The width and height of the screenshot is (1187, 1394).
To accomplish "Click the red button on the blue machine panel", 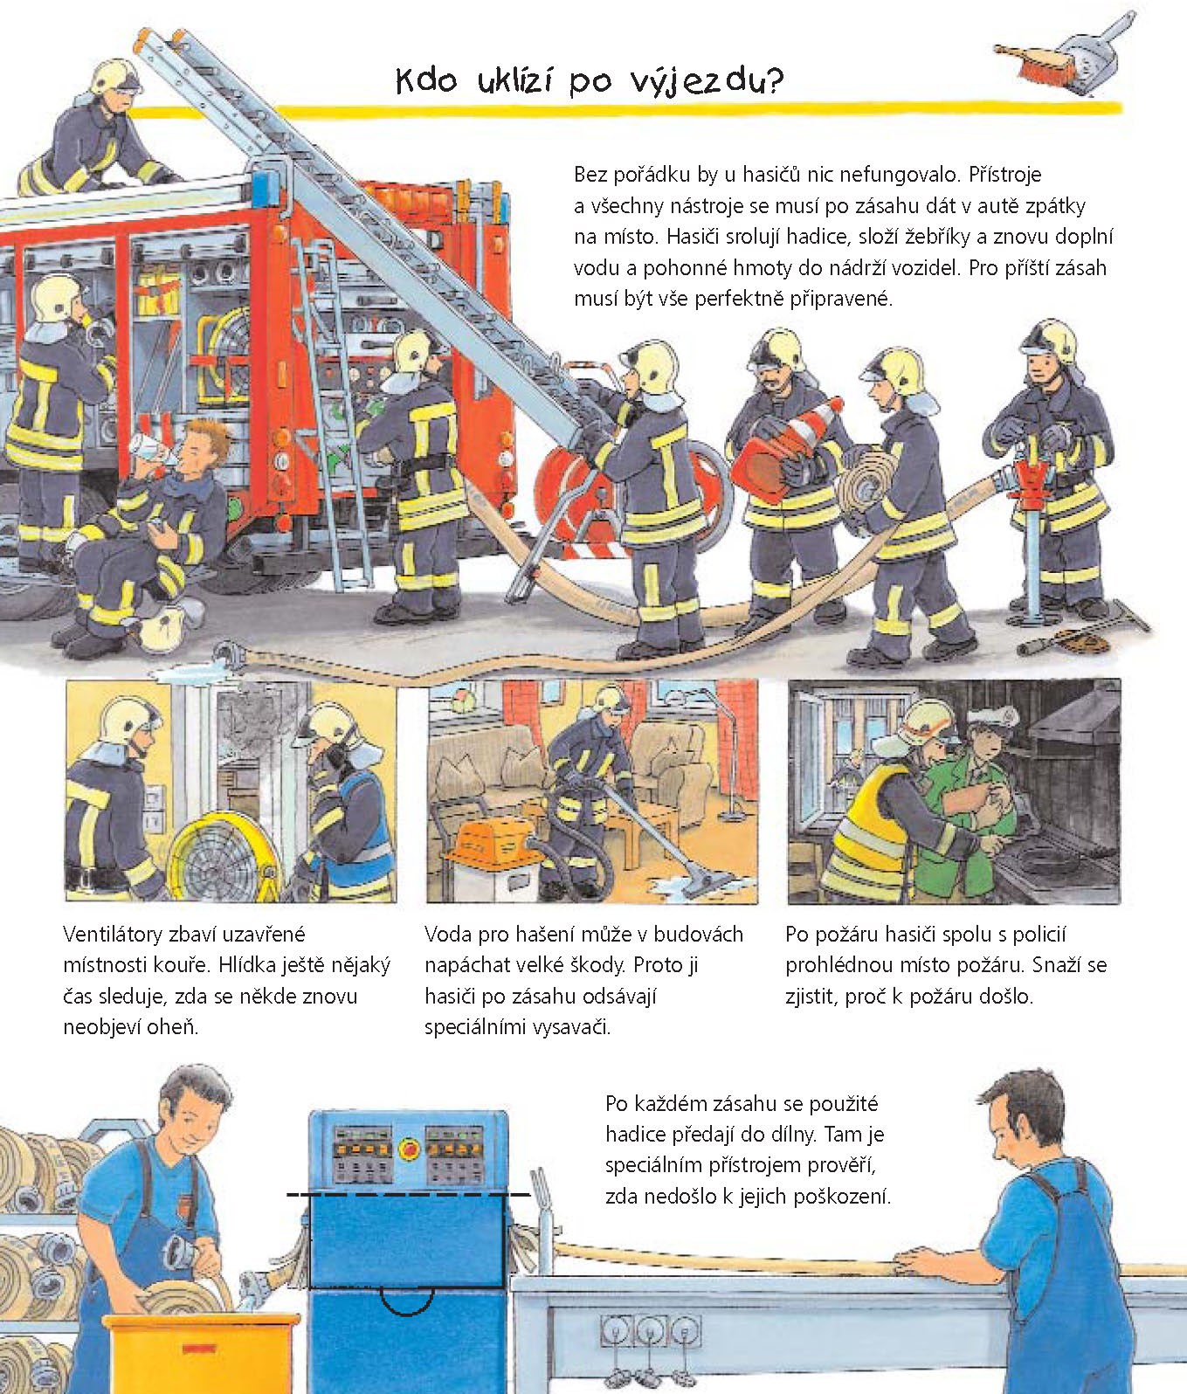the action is point(406,1147).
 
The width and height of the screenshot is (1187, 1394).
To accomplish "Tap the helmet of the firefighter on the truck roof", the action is point(115,77).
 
